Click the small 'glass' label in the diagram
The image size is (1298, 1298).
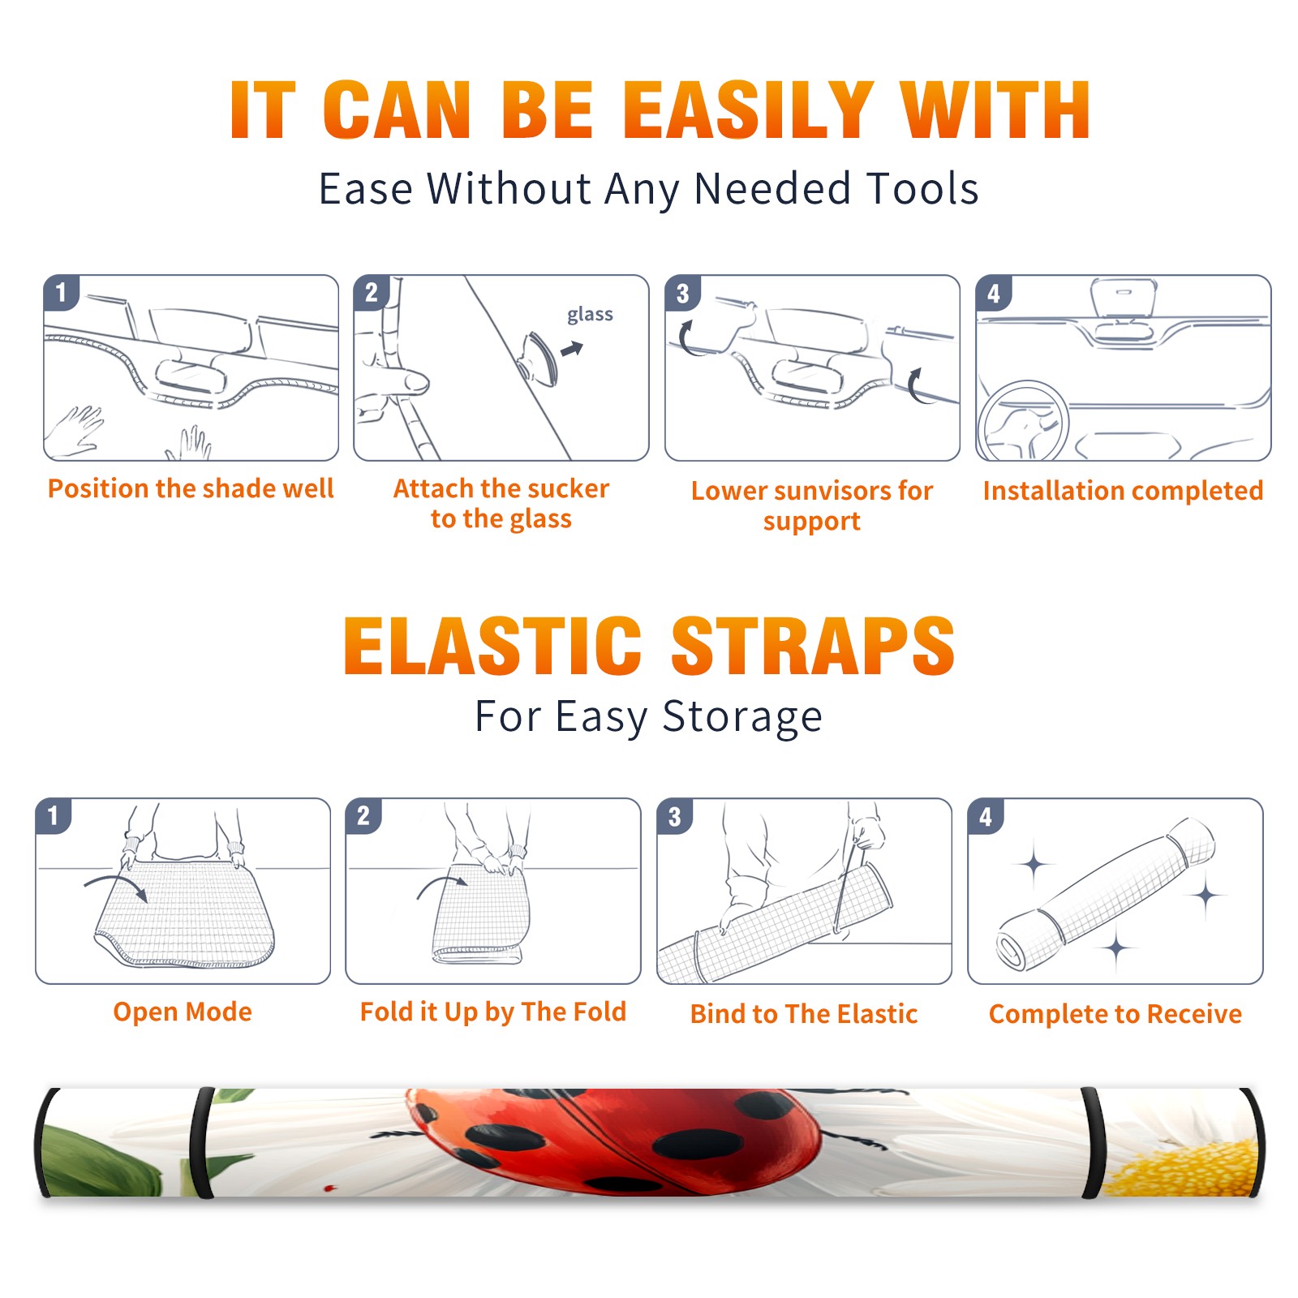(590, 315)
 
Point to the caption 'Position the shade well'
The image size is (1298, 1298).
(191, 488)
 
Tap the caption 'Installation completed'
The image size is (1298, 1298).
(1123, 491)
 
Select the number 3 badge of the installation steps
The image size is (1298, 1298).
(682, 293)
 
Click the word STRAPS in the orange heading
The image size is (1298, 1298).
(813, 646)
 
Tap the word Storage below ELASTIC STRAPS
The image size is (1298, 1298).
(742, 717)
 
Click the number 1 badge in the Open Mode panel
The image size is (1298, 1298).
(54, 816)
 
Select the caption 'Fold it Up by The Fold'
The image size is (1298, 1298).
(493, 1012)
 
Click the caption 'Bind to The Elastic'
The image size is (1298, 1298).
(804, 1014)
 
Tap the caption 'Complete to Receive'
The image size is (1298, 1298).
(1115, 1014)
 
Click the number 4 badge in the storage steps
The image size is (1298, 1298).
(986, 816)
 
